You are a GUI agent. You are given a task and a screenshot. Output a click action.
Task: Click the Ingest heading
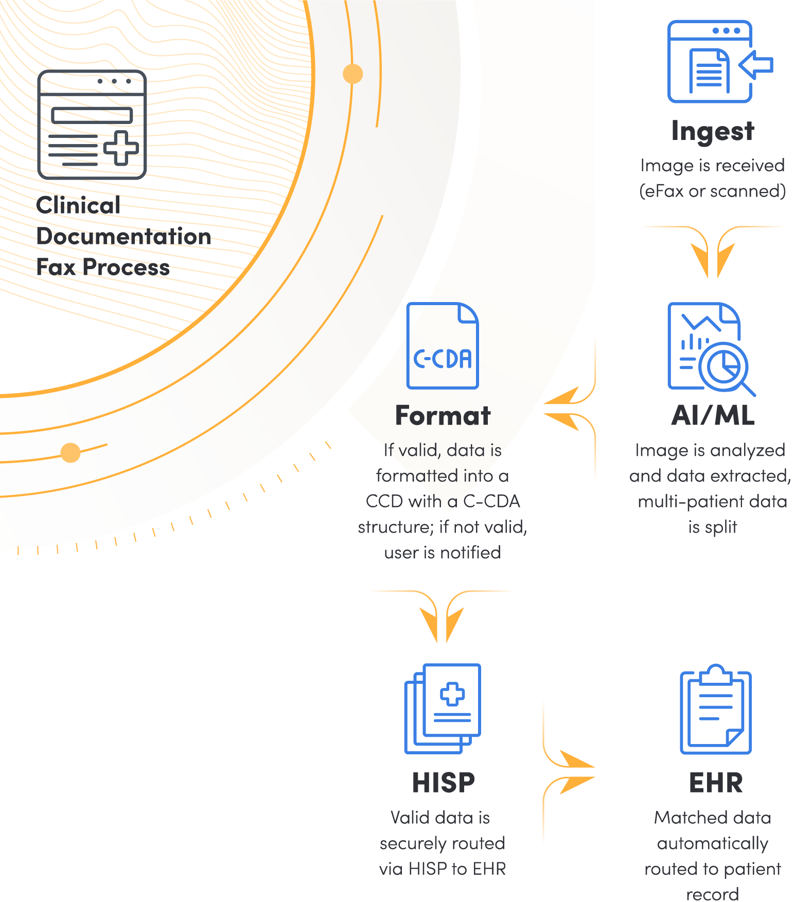(713, 131)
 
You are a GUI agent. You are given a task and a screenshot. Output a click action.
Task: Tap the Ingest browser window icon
(710, 62)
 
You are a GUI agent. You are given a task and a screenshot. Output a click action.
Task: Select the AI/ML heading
(713, 416)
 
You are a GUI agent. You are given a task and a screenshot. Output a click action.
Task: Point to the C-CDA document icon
(443, 346)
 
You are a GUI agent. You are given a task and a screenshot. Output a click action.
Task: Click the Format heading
(443, 416)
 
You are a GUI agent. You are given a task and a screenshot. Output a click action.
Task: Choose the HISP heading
(443, 783)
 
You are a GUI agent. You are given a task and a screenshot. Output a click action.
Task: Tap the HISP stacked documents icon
(443, 709)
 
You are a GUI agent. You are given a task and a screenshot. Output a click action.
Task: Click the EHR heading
(716, 783)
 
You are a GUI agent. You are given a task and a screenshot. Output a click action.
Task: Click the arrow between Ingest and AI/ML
(713, 252)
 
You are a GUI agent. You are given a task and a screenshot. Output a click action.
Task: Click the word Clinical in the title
(78, 205)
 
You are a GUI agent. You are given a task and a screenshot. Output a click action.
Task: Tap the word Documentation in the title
(123, 236)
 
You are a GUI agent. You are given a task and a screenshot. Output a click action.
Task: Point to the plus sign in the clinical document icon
(121, 148)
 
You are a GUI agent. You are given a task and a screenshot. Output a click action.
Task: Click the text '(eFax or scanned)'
(713, 191)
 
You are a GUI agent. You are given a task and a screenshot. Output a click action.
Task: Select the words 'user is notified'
(443, 553)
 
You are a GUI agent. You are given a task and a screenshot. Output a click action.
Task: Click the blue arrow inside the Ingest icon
(756, 65)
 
